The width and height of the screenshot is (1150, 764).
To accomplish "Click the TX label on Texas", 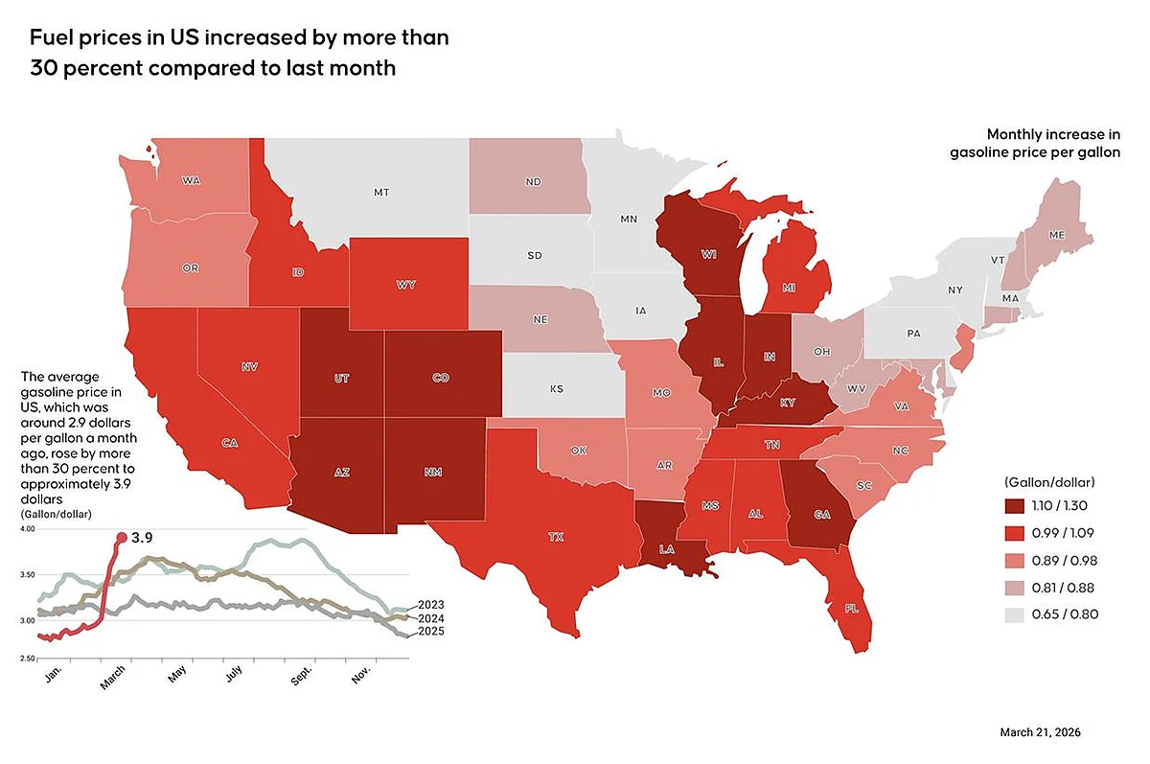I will pos(556,537).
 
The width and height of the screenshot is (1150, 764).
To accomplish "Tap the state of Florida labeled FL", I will pos(851,608).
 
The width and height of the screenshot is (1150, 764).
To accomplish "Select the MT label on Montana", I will pos(380,193).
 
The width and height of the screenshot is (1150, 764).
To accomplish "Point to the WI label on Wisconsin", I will pos(710,254).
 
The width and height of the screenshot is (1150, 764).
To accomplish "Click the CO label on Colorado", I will pos(440,378).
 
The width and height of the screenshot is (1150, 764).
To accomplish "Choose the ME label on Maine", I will pos(1057,234).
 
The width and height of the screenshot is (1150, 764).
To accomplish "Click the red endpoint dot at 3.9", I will pos(121,538).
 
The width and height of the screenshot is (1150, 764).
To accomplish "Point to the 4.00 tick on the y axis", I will pos(28,529).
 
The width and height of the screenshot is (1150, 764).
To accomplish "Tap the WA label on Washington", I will pos(191,180).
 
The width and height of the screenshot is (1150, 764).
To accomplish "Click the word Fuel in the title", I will pos(54,39).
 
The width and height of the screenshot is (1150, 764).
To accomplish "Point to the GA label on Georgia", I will pos(821,515).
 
